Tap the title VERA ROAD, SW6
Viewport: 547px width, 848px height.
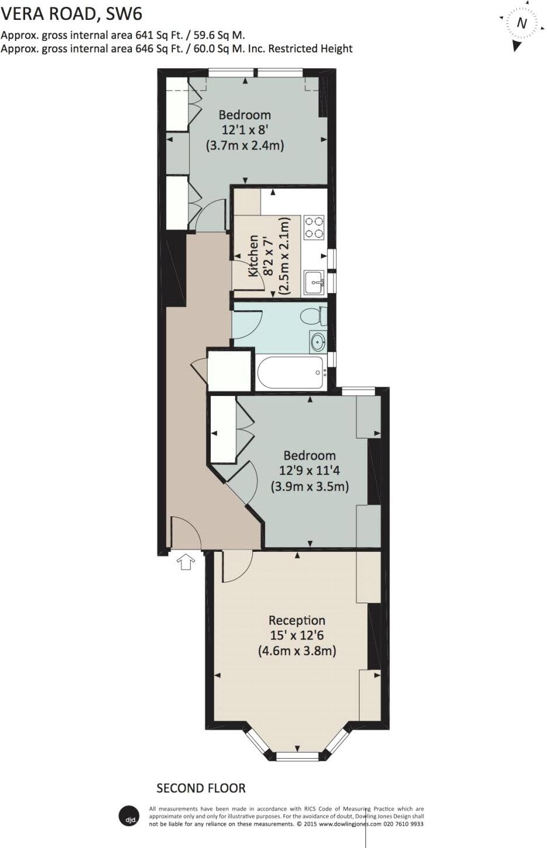tap(71, 13)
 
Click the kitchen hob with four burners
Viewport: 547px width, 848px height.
tap(314, 227)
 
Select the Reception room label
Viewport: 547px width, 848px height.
tap(297, 620)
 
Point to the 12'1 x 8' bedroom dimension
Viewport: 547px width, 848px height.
tap(245, 130)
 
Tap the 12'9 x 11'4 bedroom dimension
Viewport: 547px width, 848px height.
tap(309, 470)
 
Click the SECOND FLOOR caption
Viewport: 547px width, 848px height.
tap(201, 788)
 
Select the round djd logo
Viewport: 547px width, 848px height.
tap(129, 816)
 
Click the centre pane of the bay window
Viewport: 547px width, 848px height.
tap(297, 756)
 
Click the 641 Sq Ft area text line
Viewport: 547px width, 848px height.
tap(123, 35)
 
